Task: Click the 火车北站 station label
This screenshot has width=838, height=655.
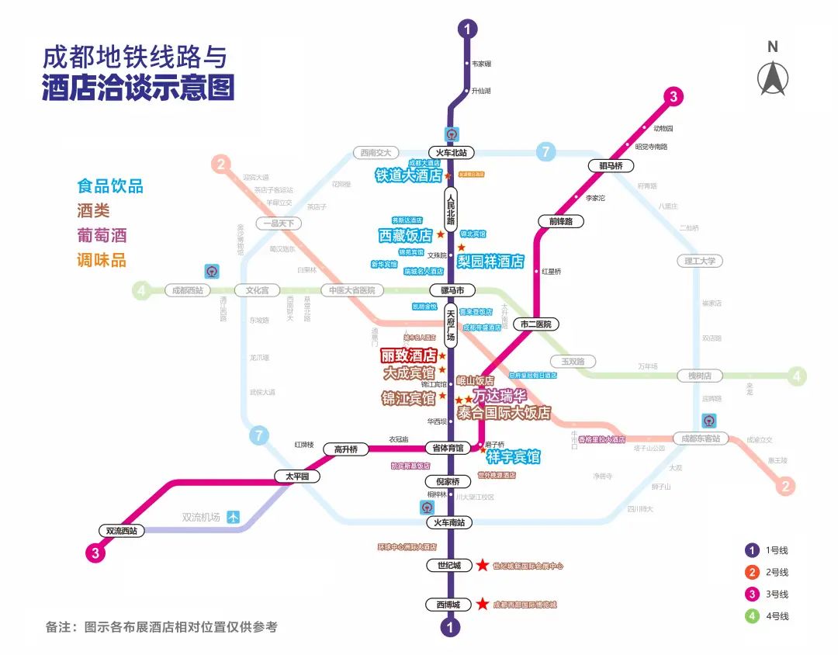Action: tap(451, 153)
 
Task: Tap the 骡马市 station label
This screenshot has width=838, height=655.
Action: tap(451, 290)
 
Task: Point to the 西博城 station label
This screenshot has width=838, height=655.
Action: tap(448, 605)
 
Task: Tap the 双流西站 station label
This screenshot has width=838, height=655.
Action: tap(123, 531)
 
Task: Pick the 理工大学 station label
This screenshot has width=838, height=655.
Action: tap(700, 261)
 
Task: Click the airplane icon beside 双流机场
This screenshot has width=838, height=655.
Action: tap(234, 518)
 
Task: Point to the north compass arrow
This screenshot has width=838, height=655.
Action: tap(772, 78)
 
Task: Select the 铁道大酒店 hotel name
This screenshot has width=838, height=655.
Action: tap(408, 176)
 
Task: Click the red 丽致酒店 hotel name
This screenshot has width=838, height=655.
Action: tap(407, 356)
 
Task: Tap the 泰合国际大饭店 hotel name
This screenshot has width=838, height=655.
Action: tap(504, 413)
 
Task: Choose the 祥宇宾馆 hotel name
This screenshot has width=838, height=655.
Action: tap(513, 457)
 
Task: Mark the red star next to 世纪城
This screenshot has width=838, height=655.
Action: tap(483, 566)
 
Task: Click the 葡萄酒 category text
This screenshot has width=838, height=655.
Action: tap(102, 235)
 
